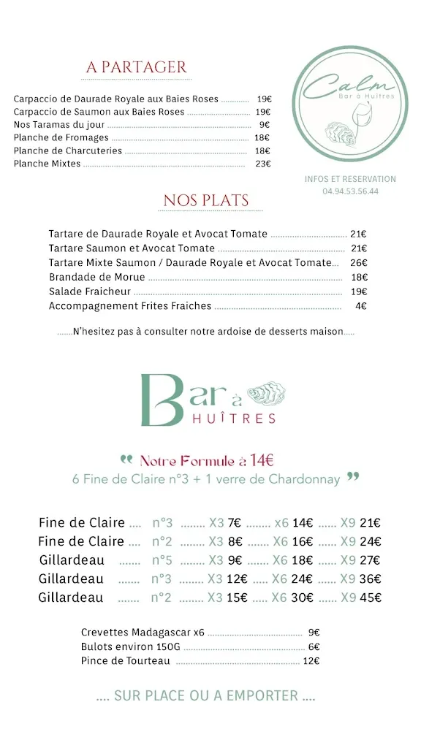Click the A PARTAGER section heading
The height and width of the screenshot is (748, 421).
[137, 67]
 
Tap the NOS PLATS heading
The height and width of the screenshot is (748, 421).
[206, 200]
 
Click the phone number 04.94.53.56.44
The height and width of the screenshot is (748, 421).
[350, 191]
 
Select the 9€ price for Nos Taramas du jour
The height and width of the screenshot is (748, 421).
[265, 125]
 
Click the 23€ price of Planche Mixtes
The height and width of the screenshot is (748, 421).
[263, 164]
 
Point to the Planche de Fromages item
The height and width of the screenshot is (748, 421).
[61, 138]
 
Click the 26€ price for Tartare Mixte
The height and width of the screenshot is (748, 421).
[358, 263]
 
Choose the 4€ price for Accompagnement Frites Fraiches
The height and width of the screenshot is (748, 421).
[360, 306]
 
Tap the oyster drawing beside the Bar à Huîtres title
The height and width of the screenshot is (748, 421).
[266, 394]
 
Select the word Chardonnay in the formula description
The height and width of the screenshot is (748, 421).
[305, 479]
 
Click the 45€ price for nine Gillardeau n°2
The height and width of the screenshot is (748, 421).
[371, 598]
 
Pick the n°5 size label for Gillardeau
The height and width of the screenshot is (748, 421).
[162, 560]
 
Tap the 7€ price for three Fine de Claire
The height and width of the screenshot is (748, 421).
[234, 523]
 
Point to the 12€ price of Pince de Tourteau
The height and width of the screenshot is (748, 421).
[311, 661]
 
